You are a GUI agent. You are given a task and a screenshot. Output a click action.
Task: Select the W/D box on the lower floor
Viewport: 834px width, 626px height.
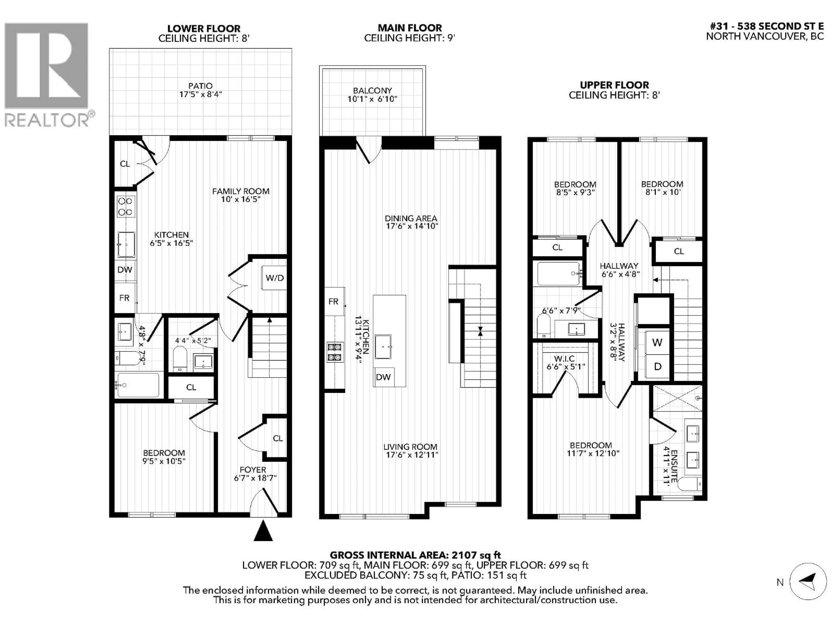275,278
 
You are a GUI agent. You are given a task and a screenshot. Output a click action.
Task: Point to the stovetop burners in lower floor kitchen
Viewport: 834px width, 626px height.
125,207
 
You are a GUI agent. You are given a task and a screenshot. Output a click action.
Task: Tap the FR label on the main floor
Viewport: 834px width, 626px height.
333,301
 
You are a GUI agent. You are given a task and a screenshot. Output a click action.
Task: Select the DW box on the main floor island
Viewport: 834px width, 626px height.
383,377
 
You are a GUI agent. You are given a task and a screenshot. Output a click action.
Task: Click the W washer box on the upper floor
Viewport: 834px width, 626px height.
657,343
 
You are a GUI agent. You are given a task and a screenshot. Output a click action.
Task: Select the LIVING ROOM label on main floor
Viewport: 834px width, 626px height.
410,447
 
